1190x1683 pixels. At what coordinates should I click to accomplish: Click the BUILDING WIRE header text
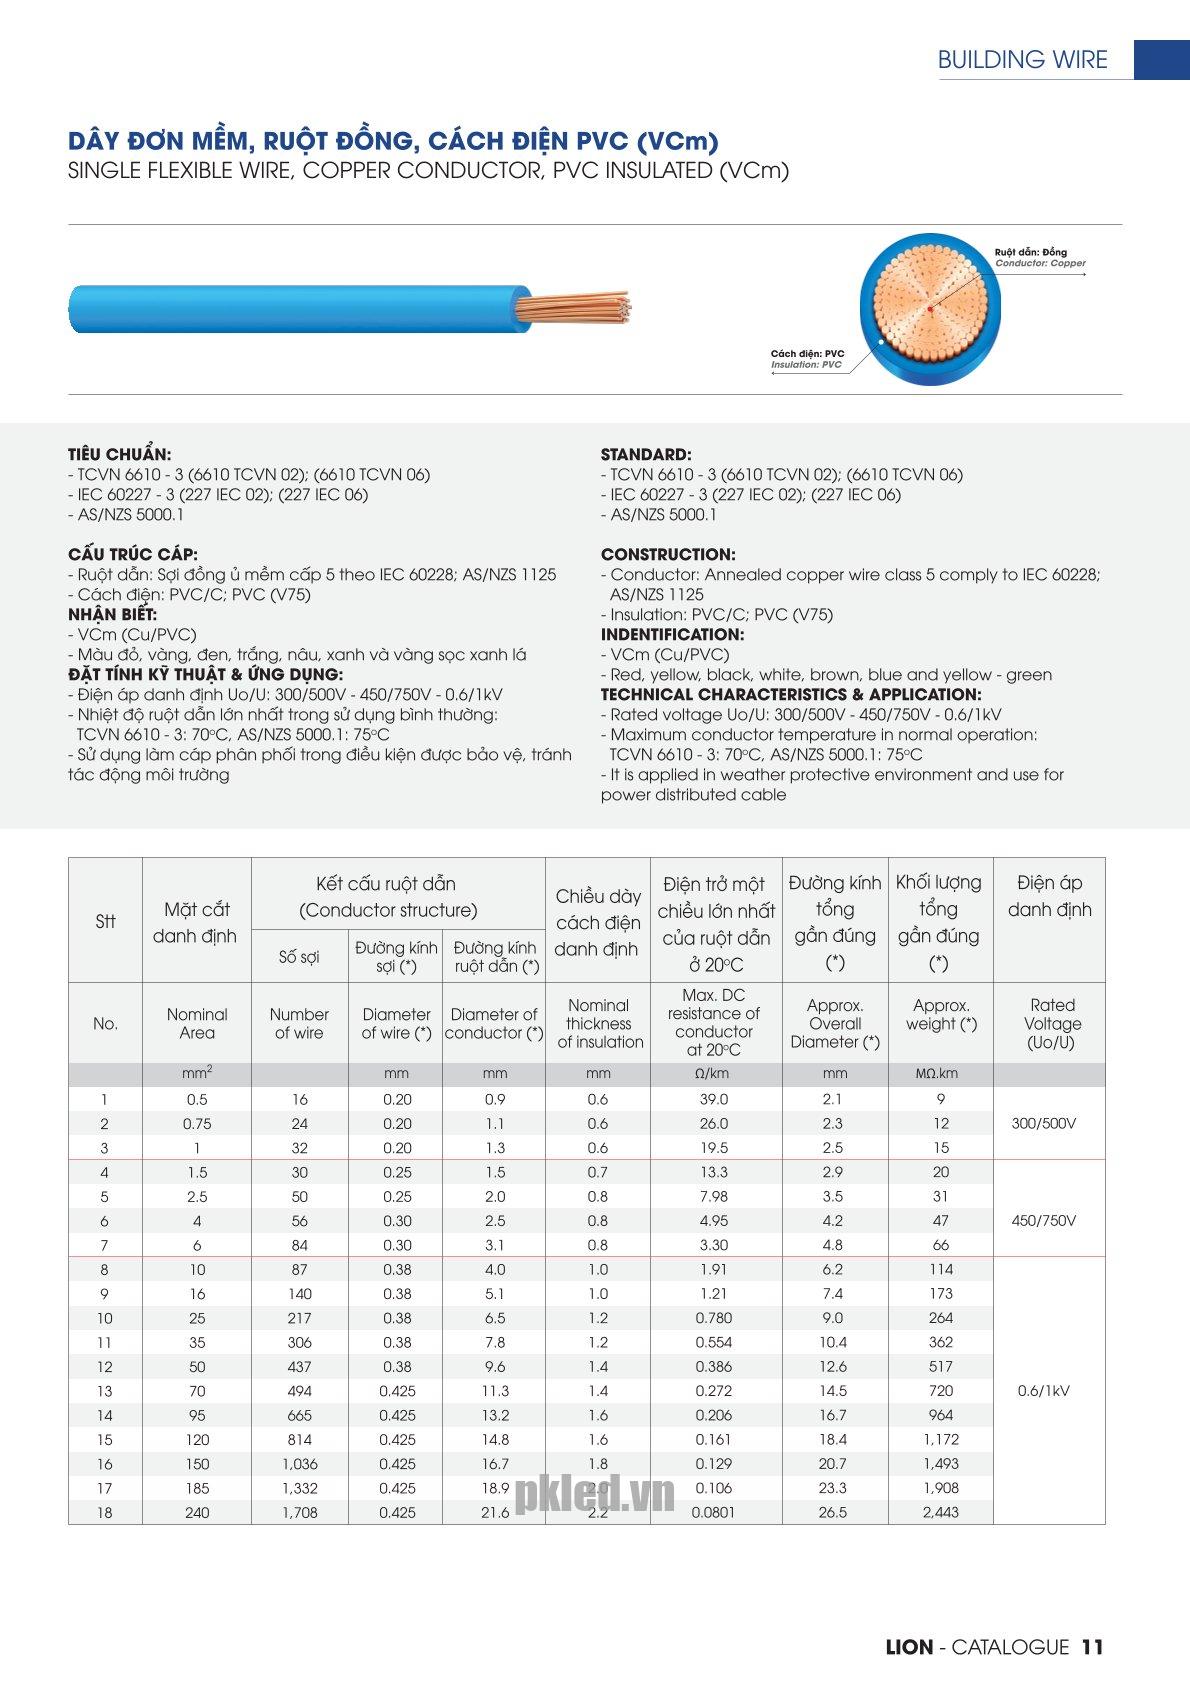coord(1022,60)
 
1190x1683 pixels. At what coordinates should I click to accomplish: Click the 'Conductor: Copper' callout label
coord(1039,264)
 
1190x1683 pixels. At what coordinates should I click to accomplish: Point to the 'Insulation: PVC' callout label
coord(806,365)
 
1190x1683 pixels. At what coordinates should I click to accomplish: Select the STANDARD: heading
coord(645,454)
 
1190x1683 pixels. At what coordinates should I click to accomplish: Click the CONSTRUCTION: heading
coord(667,554)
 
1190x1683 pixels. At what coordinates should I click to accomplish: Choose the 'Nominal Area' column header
coord(197,1023)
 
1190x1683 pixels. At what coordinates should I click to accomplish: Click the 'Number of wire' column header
coord(299,1023)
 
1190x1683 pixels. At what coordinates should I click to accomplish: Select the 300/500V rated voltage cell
coord(1043,1123)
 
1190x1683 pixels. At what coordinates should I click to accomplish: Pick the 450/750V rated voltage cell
coord(1043,1220)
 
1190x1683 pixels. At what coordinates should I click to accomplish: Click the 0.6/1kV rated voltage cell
coord(1043,1390)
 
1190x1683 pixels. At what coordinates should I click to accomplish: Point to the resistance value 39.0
coord(714,1099)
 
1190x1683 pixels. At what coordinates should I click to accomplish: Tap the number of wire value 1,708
coord(299,1512)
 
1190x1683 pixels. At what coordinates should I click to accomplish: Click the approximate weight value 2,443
coord(940,1512)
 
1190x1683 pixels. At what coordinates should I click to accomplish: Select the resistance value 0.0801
coord(714,1512)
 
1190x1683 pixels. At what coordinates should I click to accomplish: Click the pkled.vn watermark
coord(595,1493)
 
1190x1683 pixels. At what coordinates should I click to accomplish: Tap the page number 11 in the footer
coord(1092,1647)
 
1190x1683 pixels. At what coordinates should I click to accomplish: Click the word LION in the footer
coord(909,1647)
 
